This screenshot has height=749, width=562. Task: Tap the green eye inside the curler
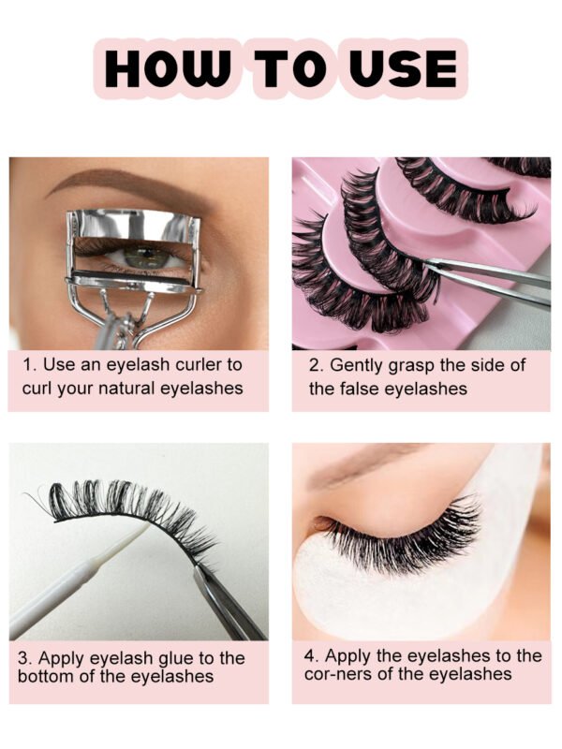[141, 255]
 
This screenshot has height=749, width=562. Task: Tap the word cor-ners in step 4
[338, 674]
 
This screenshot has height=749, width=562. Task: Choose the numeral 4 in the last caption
[309, 655]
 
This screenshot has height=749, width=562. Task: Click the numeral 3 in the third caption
[22, 658]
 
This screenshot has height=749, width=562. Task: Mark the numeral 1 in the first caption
[28, 365]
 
